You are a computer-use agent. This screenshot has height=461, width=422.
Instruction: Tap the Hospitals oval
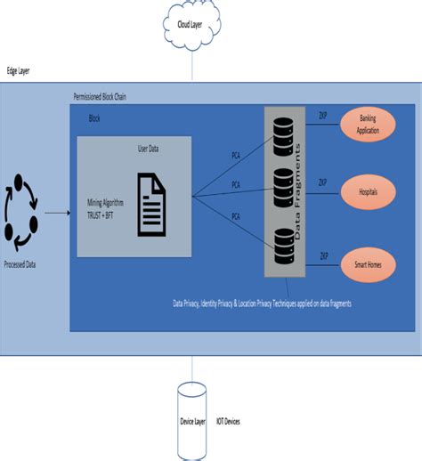click(368, 190)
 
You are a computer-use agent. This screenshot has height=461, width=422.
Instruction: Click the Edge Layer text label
click(19, 70)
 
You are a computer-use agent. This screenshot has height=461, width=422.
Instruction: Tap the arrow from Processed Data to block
click(56, 214)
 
